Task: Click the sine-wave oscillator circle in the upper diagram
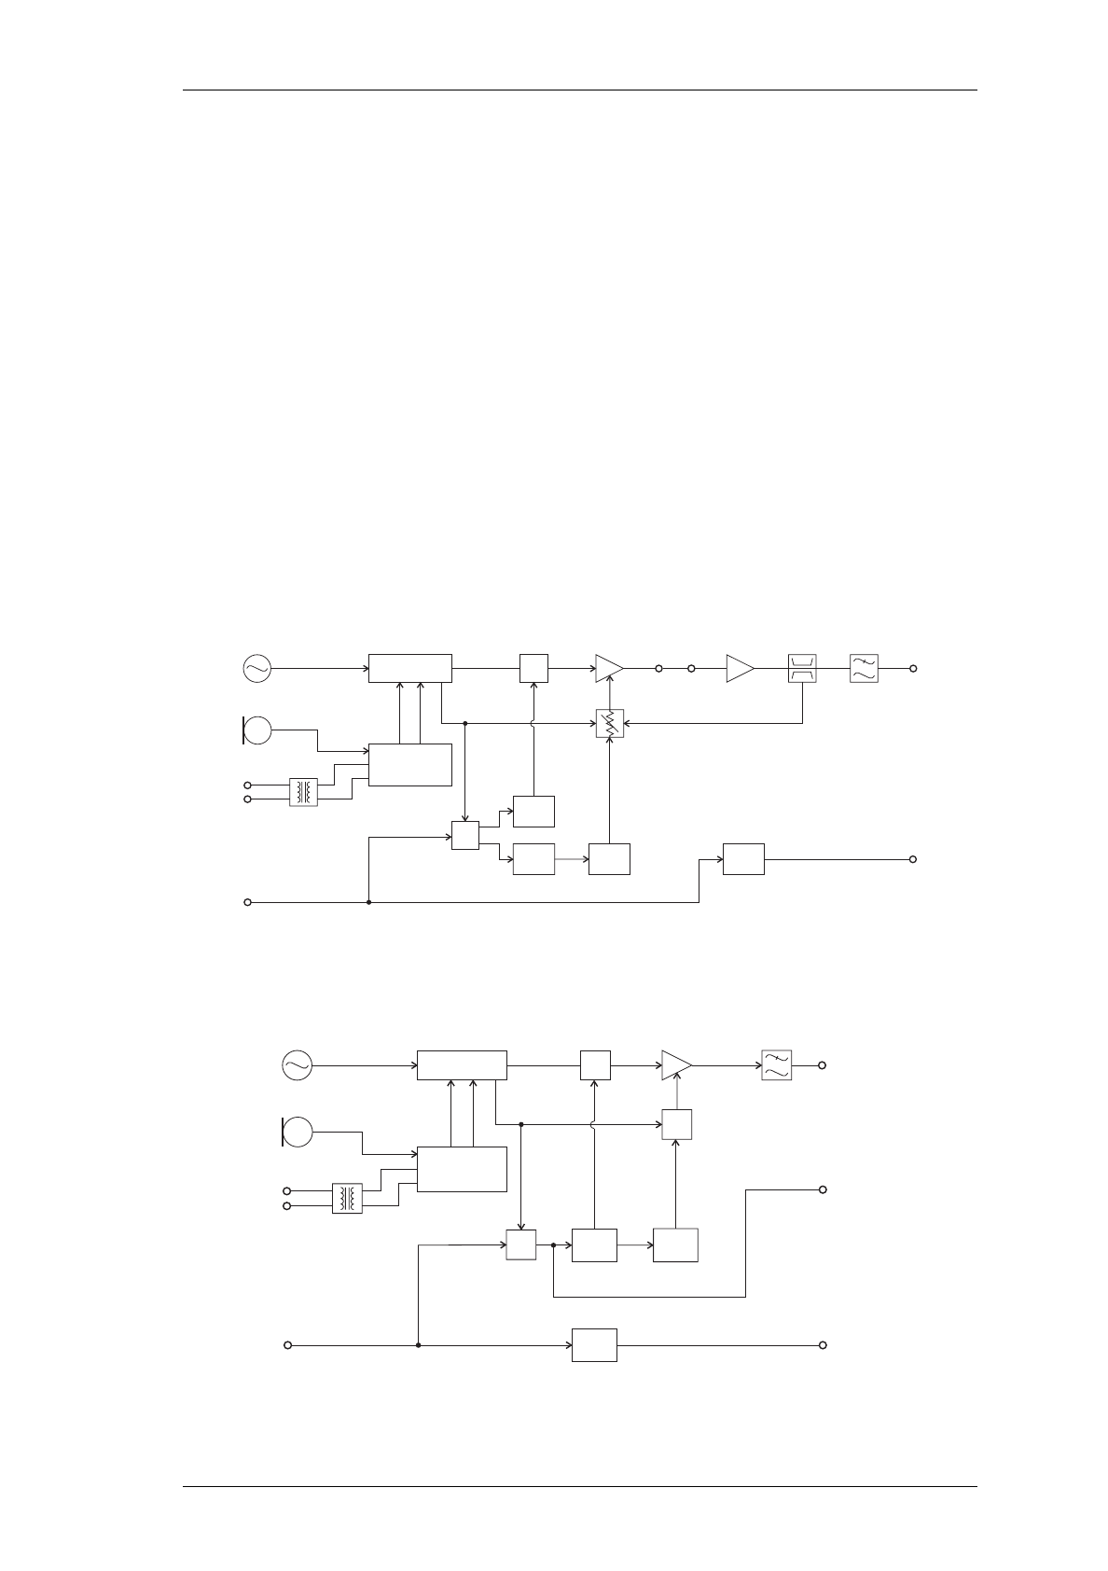[256, 668]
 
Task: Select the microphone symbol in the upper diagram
[256, 729]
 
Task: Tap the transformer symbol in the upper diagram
[303, 792]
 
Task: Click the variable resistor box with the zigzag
[609, 723]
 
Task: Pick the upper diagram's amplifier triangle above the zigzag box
[609, 668]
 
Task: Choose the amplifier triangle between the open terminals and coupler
[740, 668]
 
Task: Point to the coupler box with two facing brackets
[802, 668]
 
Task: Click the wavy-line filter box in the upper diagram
[864, 668]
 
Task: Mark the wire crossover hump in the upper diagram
[533, 723]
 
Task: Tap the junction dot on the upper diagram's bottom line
[369, 902]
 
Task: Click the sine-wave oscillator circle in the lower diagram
[297, 1064]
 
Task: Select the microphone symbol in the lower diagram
[298, 1132]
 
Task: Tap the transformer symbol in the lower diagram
[347, 1199]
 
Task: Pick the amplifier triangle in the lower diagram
[676, 1064]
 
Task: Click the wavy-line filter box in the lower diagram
[776, 1064]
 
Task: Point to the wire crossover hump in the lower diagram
[594, 1125]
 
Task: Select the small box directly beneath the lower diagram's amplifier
[676, 1125]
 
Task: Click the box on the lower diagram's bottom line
[594, 1345]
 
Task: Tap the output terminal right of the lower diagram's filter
[822, 1064]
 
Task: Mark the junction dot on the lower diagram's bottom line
[419, 1345]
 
